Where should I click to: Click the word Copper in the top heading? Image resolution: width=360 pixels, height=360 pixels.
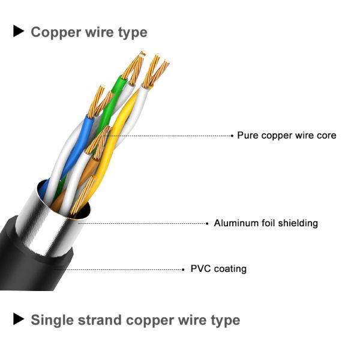coord(56,32)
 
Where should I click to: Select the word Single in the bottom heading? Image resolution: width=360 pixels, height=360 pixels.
coord(52,320)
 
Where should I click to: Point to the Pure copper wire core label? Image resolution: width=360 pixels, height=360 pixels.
coord(286,136)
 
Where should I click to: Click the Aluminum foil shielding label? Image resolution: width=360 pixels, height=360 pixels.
coord(266,223)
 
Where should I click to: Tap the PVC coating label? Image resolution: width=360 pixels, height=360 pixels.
coord(218,269)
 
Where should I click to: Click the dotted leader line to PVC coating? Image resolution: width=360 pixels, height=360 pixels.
coord(120,269)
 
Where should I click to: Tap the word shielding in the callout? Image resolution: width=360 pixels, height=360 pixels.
coord(296,223)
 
